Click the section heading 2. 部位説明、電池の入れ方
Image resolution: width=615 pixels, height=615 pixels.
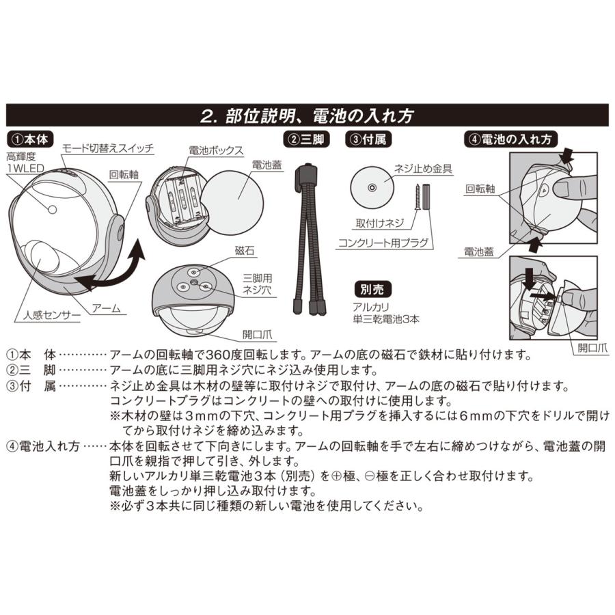click(307, 116)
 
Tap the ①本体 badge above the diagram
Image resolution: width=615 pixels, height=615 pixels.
click(30, 139)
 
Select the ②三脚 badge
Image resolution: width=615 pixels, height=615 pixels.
click(306, 139)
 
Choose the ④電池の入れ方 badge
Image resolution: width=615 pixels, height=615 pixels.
click(510, 139)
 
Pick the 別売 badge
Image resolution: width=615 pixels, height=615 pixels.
click(372, 290)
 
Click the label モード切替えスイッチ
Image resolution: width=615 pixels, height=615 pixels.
click(108, 149)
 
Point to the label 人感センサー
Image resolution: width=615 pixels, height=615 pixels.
click(52, 315)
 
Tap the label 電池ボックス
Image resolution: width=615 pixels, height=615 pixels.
click(216, 150)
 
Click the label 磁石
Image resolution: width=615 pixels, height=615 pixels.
click(245, 251)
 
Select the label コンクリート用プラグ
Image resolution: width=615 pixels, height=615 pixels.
click(383, 243)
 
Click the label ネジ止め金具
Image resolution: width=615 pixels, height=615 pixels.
click(423, 169)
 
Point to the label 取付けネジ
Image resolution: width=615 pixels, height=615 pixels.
click(380, 223)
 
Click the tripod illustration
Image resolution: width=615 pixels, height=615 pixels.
click(309, 239)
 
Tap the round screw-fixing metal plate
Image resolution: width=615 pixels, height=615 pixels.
click(372, 188)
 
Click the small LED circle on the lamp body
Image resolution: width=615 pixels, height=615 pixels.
click(52, 210)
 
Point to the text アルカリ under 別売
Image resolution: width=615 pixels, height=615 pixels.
click(370, 307)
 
